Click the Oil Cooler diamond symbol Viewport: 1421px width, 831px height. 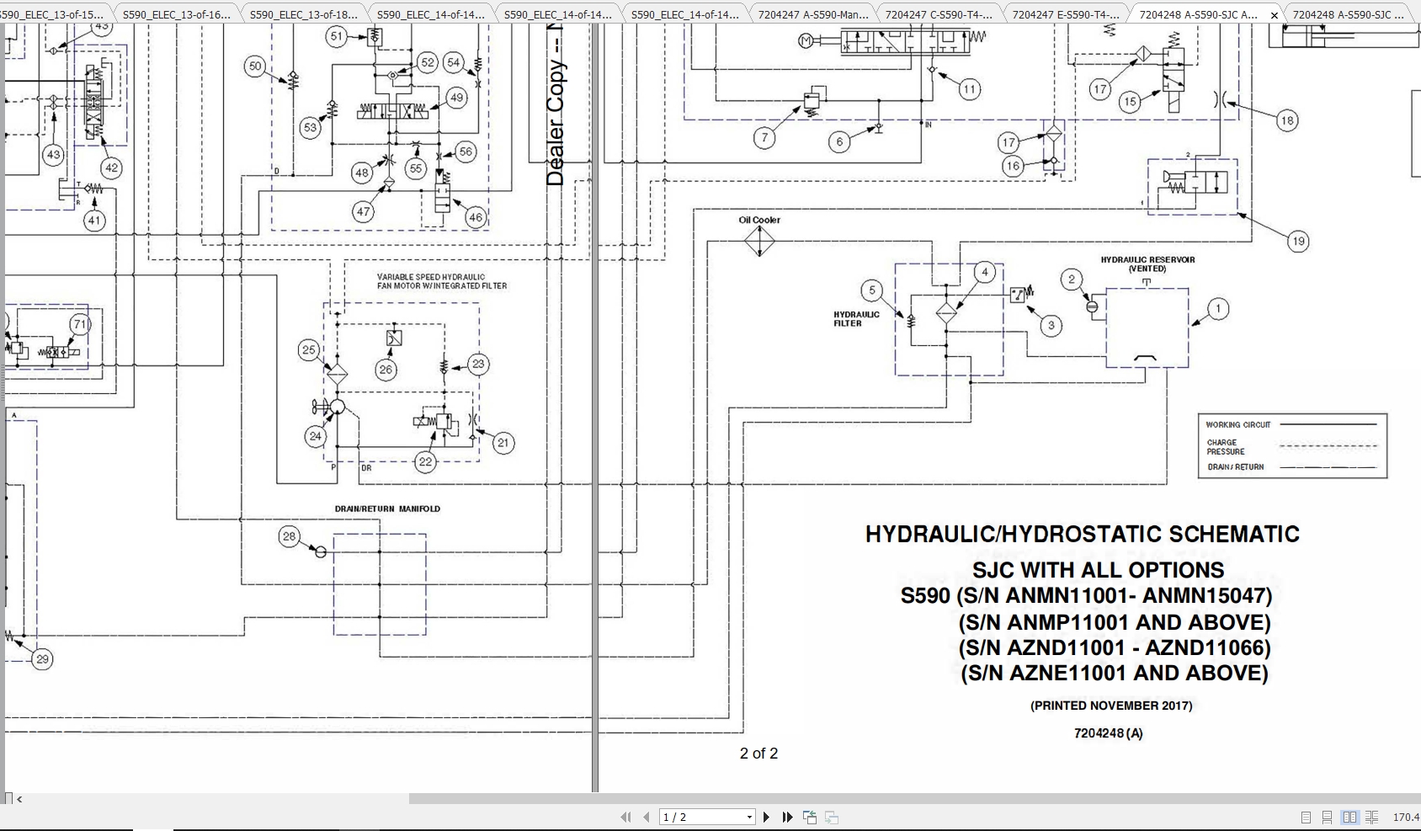pyautogui.click(x=759, y=242)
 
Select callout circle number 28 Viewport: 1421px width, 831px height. pyautogui.click(x=290, y=536)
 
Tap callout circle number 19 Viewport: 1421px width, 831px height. pyautogui.click(x=1297, y=242)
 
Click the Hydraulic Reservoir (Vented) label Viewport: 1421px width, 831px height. pyautogui.click(x=1147, y=264)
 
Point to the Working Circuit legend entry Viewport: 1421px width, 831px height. pyautogui.click(x=1237, y=425)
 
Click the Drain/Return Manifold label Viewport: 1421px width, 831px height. pyautogui.click(x=387, y=509)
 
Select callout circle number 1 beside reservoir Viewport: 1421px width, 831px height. pyautogui.click(x=1217, y=309)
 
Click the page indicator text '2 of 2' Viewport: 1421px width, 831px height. pyautogui.click(x=758, y=754)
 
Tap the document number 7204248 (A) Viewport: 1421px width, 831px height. pyautogui.click(x=1108, y=733)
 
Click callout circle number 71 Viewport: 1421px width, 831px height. pyautogui.click(x=80, y=324)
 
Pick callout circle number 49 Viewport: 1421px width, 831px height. pyautogui.click(x=456, y=98)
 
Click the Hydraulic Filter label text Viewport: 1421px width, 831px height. pyautogui.click(x=856, y=318)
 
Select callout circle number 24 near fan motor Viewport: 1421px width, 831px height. pyautogui.click(x=316, y=435)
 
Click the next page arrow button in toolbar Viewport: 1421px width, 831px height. pyautogui.click(x=766, y=817)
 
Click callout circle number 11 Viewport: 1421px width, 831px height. pyautogui.click(x=969, y=89)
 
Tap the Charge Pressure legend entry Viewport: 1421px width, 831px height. pyautogui.click(x=1225, y=446)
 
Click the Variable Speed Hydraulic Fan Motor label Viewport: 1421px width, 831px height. pyautogui.click(x=442, y=281)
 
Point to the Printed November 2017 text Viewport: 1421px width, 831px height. pyautogui.click(x=1111, y=706)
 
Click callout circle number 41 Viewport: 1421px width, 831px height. pyautogui.click(x=93, y=221)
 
